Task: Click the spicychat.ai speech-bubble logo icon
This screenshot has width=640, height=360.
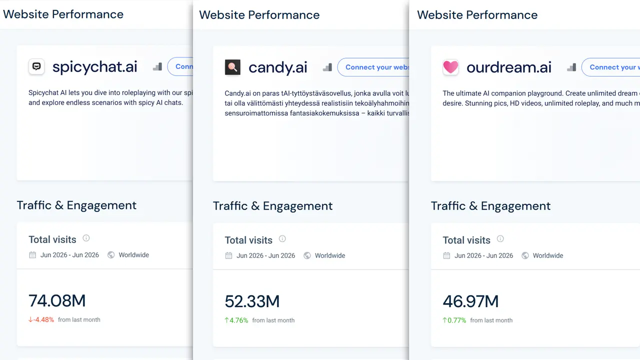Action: [36, 66]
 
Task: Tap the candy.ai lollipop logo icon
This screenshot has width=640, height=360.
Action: [232, 67]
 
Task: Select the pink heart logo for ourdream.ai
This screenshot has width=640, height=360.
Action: [450, 67]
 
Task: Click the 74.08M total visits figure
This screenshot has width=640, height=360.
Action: [57, 300]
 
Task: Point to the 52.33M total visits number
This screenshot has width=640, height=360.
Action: [252, 301]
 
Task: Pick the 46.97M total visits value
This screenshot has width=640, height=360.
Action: [470, 301]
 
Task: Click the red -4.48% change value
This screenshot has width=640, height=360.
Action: [41, 319]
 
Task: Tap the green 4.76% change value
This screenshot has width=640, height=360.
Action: [236, 320]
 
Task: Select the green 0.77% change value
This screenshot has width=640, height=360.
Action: [454, 320]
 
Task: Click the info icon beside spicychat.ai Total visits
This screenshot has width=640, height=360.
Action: [86, 238]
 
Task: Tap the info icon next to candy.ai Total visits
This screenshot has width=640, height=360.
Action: [282, 238]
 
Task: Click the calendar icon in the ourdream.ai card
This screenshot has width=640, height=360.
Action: [446, 255]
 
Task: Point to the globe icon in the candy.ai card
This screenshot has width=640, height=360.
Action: [307, 255]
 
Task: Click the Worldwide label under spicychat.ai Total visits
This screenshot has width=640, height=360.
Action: [133, 255]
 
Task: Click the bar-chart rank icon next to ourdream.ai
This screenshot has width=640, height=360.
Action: [571, 67]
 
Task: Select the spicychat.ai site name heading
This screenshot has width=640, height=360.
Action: [95, 67]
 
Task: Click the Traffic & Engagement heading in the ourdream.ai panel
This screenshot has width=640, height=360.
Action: [490, 205]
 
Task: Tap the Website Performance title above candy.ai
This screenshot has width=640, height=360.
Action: [259, 15]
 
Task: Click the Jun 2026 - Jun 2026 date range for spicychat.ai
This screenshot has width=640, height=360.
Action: [69, 255]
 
